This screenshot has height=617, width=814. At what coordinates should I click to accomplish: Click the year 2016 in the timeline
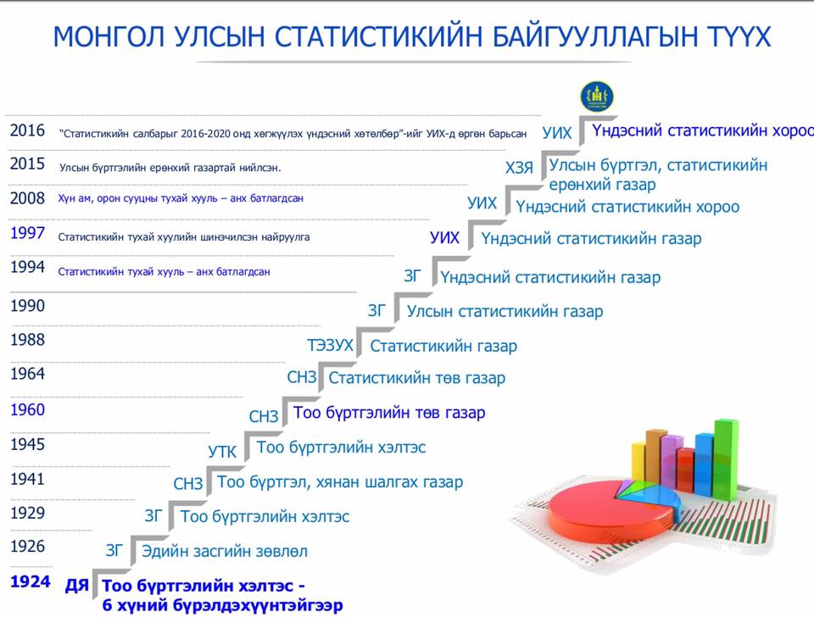point(27,131)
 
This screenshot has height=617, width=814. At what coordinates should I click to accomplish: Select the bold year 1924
point(31,581)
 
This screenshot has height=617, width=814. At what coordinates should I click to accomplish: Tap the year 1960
point(27,410)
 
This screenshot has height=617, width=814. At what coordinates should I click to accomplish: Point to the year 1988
point(27,340)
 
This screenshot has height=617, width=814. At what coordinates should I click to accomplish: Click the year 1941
point(27,479)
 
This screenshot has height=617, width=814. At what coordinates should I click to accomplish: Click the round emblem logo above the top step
point(596,97)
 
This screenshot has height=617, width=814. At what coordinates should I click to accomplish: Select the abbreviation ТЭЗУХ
point(330,345)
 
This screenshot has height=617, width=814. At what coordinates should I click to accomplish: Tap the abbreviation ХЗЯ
point(519,168)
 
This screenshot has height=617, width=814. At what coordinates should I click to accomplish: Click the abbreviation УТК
point(222,452)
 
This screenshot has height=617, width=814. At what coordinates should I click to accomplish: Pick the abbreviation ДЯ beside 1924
point(77,586)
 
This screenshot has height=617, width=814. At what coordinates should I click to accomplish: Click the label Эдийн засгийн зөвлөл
point(225,551)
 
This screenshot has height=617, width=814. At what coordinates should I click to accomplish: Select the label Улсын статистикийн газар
point(505,311)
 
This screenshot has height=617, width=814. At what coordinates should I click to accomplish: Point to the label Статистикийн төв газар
point(417,378)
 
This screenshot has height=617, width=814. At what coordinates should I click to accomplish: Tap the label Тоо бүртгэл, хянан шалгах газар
point(340,482)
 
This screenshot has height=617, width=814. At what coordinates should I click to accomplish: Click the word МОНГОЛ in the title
point(109,36)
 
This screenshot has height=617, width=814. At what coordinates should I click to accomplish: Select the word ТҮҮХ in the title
point(739,36)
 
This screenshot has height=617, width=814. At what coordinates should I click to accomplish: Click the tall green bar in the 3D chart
point(726,456)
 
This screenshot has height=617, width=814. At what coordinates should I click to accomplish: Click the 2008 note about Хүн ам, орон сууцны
point(181,198)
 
